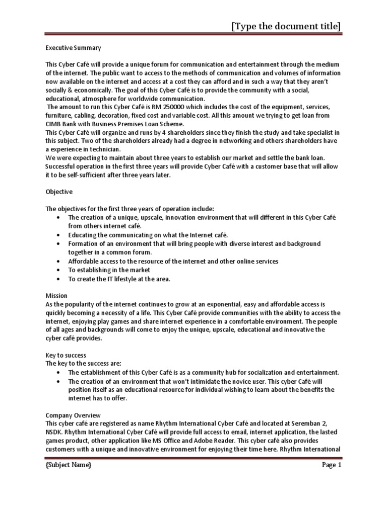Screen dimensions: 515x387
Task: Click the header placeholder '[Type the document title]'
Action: [x=285, y=26]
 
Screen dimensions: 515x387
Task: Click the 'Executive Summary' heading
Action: [x=73, y=48]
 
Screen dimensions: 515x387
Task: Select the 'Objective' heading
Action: [x=59, y=192]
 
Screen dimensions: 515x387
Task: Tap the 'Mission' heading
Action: [x=56, y=296]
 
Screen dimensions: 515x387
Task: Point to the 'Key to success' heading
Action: [x=66, y=355]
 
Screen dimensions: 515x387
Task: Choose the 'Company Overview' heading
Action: [x=73, y=415]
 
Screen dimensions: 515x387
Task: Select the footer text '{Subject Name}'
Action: [x=69, y=465]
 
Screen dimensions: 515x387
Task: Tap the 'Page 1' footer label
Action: [x=332, y=465]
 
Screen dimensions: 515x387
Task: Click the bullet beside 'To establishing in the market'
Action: [x=59, y=270]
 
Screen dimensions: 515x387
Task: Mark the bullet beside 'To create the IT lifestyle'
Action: [x=59, y=279]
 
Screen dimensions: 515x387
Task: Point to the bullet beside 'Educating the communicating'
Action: [x=59, y=235]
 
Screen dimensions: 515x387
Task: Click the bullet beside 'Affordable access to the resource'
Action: [x=59, y=262]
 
